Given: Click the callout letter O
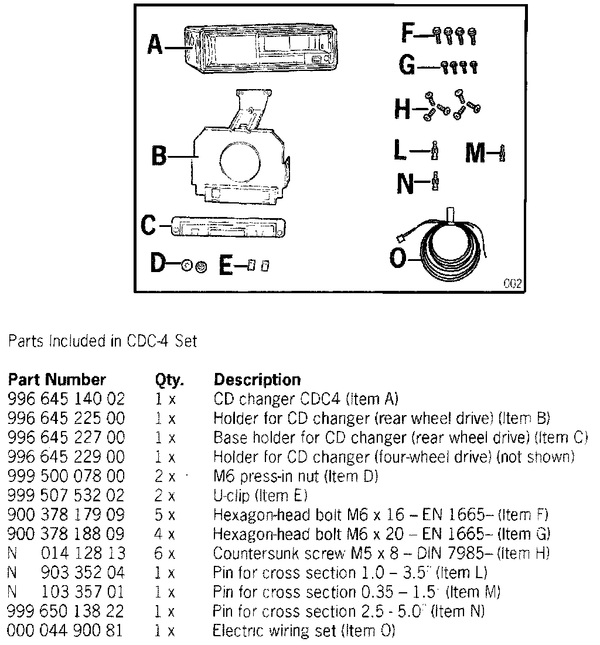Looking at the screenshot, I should [398, 258].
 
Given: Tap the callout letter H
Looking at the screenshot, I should [403, 108].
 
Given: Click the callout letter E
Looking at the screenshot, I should [227, 266].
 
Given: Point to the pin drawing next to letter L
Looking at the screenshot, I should [434, 152].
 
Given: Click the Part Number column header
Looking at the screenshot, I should [56, 379].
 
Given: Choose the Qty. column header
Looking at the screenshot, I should [169, 380].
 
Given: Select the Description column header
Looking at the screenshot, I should [257, 379].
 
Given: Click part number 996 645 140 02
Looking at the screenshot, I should [66, 399].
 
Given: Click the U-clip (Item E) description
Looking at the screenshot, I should [260, 496].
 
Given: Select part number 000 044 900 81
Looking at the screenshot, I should [66, 631].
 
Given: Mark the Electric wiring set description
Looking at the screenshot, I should [304, 631].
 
